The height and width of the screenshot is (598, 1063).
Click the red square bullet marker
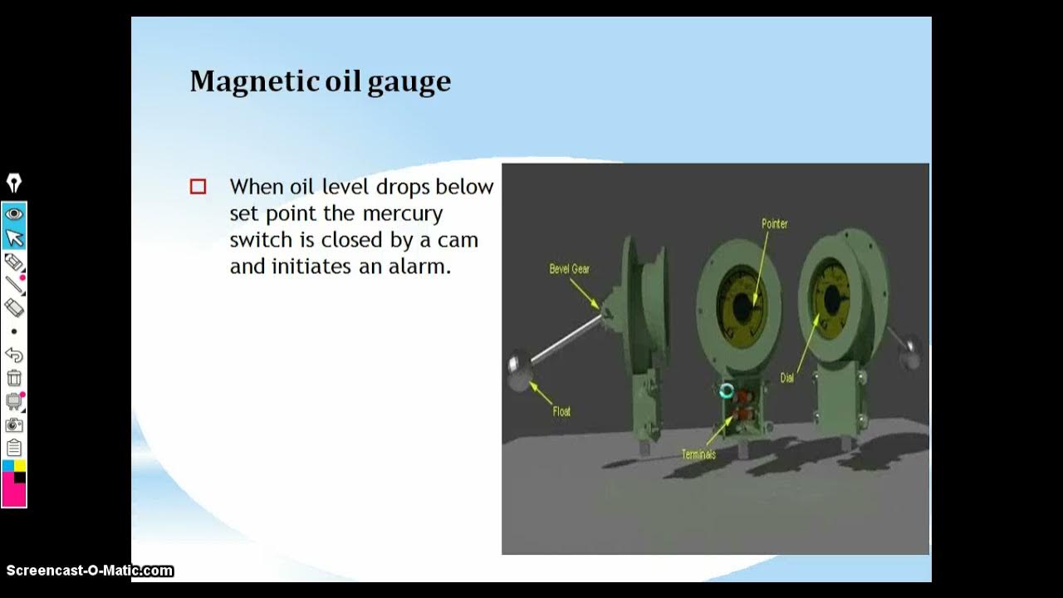[198, 187]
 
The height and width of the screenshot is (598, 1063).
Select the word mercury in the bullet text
[403, 213]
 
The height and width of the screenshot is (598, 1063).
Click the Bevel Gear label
[570, 269]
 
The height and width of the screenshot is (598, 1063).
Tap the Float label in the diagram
[561, 411]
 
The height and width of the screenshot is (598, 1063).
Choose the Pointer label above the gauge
[774, 223]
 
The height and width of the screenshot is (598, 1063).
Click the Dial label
[786, 378]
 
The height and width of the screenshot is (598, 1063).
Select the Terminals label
[698, 454]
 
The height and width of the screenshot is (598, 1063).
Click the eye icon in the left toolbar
[14, 214]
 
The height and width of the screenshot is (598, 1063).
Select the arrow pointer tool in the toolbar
[14, 238]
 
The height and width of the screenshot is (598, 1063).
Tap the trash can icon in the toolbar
[14, 378]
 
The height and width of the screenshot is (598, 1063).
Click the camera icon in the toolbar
[14, 425]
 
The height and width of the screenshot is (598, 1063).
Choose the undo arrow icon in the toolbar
[14, 355]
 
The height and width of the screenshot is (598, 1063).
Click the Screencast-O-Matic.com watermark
[90, 571]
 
